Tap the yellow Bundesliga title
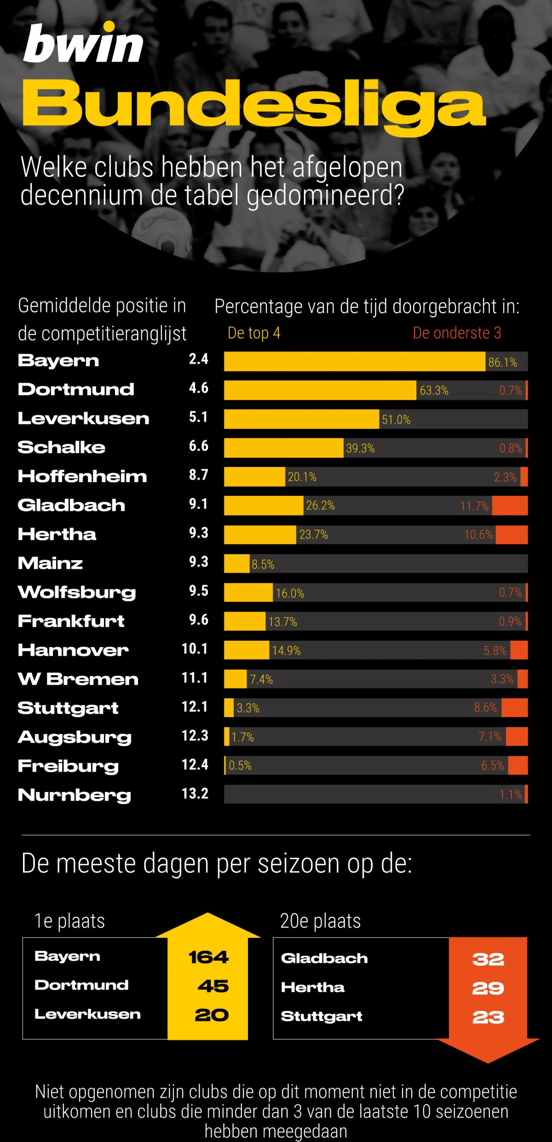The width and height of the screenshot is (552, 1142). tap(254, 105)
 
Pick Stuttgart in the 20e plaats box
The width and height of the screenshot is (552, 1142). tap(321, 1016)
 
